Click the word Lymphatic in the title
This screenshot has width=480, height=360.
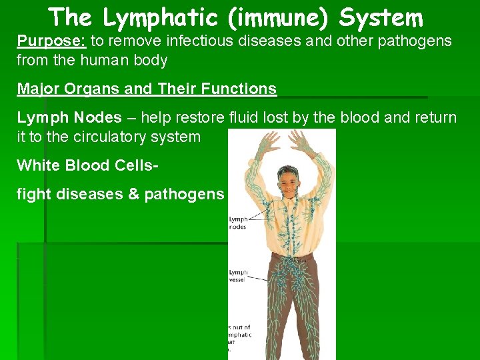[161, 17]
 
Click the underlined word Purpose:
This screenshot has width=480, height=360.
[51, 41]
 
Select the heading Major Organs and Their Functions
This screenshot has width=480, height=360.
[147, 89]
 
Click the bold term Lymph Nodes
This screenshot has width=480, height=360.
[69, 118]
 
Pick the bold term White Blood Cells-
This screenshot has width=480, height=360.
[87, 165]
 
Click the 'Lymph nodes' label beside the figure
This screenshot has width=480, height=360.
[238, 223]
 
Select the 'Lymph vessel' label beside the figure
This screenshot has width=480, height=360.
[238, 276]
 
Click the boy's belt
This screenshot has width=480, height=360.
[291, 255]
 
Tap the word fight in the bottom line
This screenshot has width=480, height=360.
[34, 195]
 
